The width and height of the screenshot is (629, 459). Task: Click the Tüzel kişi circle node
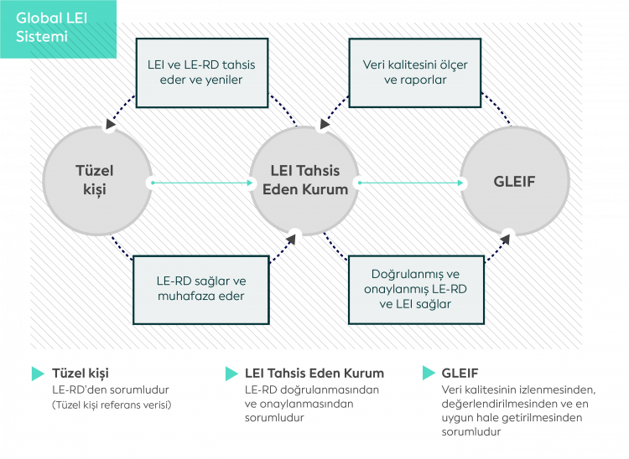pos(98,181)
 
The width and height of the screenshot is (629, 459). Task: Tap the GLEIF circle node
pos(514,181)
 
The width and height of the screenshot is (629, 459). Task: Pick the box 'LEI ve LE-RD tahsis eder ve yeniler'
pos(201,73)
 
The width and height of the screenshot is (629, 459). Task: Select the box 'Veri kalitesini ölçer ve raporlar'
pos(415,73)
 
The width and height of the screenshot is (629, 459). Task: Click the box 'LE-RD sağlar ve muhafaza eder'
pos(201,288)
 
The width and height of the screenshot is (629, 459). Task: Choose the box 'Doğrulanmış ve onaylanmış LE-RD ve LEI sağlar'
pos(415,289)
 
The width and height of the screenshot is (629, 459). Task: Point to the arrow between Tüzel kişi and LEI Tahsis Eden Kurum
pos(201,182)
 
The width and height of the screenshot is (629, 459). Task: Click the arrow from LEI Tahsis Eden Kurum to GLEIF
pos(411,182)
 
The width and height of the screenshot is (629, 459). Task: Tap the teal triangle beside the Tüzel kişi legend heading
pos(38,374)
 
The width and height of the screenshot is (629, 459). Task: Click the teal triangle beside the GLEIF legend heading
pos(427,374)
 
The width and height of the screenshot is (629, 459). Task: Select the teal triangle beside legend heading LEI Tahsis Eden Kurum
pos(231,374)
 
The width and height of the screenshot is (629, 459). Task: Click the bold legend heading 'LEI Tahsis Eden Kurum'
pos(314,374)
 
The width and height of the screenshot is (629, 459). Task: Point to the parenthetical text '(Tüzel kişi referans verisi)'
pos(112,405)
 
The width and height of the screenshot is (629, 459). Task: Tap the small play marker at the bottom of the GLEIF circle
pos(507,236)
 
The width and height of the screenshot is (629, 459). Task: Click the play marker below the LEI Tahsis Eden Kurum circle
pos(294,237)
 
